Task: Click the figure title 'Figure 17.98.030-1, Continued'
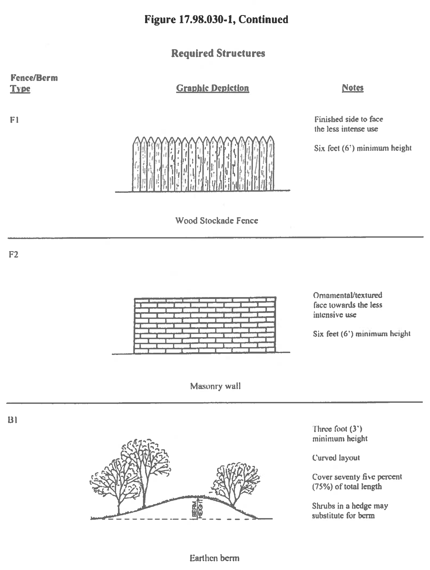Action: tap(216, 20)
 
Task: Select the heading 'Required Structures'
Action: tap(218, 53)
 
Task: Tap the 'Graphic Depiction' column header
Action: tap(213, 88)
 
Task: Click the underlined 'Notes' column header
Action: tap(353, 88)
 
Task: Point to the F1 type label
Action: tap(14, 120)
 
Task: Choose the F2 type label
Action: tap(13, 254)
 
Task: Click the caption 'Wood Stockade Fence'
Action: tap(217, 221)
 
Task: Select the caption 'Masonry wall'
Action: tap(215, 386)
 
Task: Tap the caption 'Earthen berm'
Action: tap(214, 558)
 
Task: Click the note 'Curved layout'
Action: tap(336, 458)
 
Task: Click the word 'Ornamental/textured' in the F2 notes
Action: tap(347, 295)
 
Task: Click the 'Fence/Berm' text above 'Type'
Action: tap(34, 78)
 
